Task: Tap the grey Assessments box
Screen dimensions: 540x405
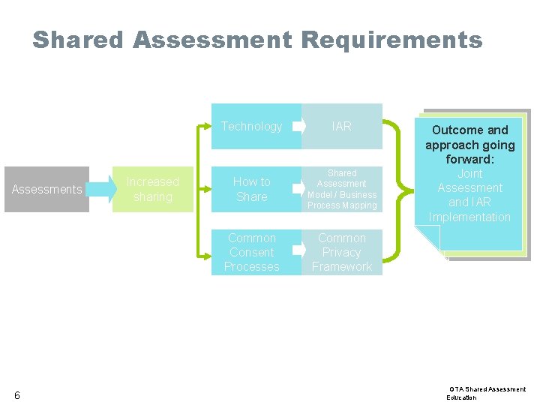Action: click(46, 189)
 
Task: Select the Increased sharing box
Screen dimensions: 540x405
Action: click(153, 189)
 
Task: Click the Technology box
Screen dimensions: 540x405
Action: click(252, 126)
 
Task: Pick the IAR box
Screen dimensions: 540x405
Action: click(342, 126)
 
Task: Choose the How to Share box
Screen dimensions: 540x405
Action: click(252, 189)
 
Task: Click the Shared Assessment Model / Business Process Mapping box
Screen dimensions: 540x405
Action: click(342, 189)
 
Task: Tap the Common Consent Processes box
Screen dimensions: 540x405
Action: click(252, 252)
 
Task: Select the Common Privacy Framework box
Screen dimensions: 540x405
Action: click(342, 252)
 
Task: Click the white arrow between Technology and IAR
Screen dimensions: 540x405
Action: click(299, 126)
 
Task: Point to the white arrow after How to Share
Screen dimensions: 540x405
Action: click(299, 189)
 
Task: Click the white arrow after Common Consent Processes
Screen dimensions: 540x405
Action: click(299, 252)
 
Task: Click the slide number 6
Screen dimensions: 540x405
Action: click(16, 395)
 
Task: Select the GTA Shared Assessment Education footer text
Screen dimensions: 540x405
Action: click(487, 393)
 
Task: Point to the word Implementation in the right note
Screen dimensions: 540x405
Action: click(469, 217)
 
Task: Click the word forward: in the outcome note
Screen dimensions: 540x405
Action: click(470, 159)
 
